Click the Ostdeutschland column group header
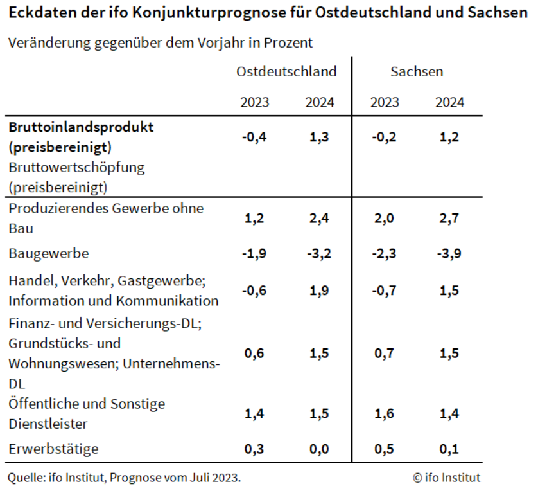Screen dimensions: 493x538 tap(286, 71)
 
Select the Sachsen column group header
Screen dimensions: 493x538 tap(417, 71)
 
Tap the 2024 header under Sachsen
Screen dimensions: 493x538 tap(449, 102)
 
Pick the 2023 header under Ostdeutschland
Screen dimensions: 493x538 tap(255, 102)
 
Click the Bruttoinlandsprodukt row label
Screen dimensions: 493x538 tap(81, 127)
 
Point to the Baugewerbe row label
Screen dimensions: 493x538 tap(49, 253)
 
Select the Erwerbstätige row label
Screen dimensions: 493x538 tap(53, 449)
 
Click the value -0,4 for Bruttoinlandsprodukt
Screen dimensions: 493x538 tap(254, 136)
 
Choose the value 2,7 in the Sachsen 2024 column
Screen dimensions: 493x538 tap(449, 219)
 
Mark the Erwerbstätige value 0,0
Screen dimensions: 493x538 tap(320, 449)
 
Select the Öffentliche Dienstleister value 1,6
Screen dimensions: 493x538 tap(384, 414)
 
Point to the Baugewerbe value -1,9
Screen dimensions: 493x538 tap(254, 253)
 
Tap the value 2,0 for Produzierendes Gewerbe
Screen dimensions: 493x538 tap(384, 219)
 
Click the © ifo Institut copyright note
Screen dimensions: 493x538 tap(447, 478)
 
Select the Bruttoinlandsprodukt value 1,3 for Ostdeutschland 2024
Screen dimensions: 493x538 tap(320, 136)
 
